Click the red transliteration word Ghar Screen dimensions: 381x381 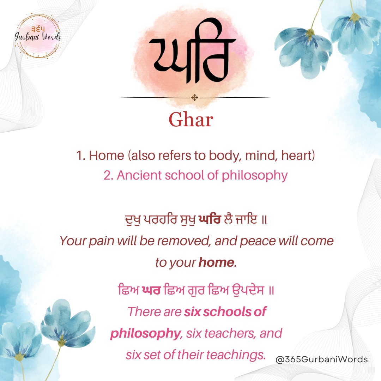pos(191,120)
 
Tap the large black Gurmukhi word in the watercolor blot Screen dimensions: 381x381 pos(192,50)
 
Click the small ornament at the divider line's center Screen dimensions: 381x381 pos(195,97)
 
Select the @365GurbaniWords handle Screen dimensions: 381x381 pos(321,359)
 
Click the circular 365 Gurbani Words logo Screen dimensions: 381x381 pos(38,36)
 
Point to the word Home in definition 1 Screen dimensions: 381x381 pos(107,155)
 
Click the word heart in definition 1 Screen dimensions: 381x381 pos(298,155)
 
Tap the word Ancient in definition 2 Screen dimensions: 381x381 pos(139,175)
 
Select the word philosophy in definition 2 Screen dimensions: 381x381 pos(255,176)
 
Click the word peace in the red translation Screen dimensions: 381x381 pos(258,241)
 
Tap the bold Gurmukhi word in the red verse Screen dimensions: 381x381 pos(210,219)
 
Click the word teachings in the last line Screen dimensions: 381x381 pos(236,355)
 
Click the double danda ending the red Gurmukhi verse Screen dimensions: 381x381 pos(265,220)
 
